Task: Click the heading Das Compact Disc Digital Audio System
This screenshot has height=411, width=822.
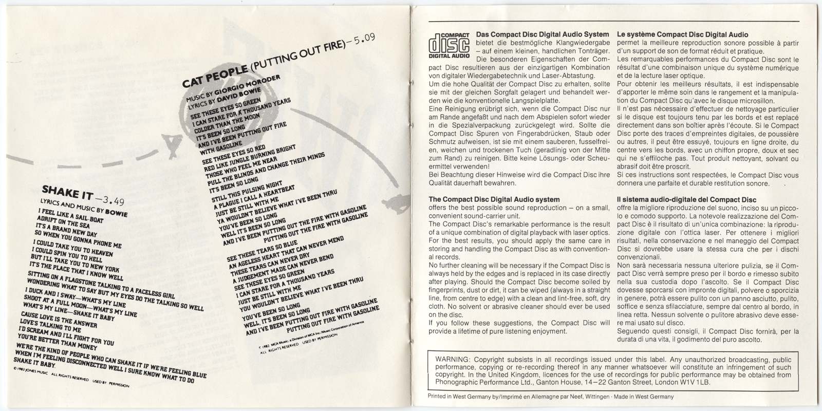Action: pos(543,34)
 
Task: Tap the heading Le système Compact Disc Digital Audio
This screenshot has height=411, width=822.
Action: pos(682,34)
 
